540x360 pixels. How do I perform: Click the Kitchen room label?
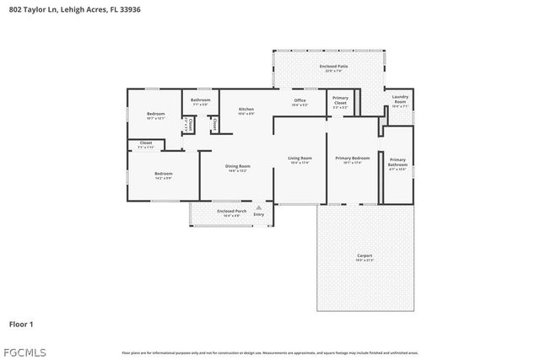point(246,109)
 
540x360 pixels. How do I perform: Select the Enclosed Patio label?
point(333,66)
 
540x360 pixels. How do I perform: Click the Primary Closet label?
point(340,100)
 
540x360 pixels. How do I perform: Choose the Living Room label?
point(300,158)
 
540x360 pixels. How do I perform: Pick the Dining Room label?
point(238,166)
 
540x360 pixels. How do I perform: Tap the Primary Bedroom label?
point(353,158)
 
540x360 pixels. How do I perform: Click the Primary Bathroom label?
point(397,160)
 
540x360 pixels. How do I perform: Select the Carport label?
point(364,255)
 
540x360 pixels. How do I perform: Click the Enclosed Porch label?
point(231,211)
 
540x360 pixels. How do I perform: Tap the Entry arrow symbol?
point(258,207)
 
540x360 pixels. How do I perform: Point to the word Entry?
point(258,214)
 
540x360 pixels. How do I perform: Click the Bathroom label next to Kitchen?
point(201,100)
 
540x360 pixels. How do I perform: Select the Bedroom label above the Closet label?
point(156,114)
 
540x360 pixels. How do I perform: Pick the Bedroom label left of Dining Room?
point(163,174)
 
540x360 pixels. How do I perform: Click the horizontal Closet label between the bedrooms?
point(146,143)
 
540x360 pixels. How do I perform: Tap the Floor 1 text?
point(21,323)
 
